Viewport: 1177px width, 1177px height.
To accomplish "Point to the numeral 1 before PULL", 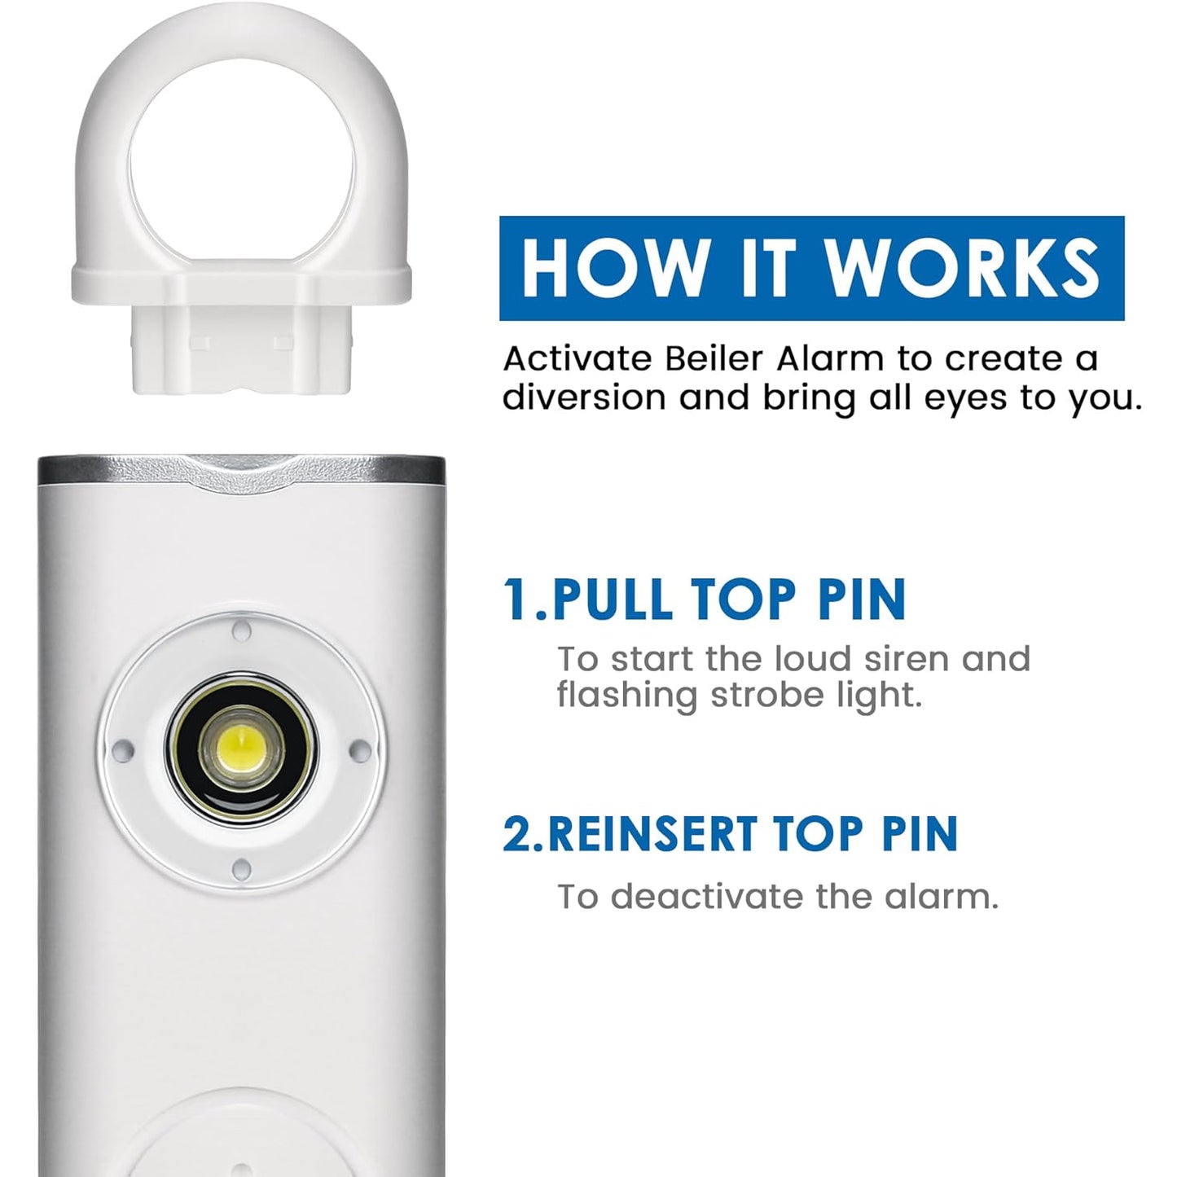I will click(518, 599).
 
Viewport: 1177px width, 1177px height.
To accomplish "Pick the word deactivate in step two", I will click(707, 897).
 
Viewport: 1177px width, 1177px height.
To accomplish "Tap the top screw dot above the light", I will click(242, 630).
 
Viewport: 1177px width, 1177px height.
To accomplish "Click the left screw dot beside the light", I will click(124, 749).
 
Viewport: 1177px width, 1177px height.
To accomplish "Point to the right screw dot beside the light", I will click(360, 749).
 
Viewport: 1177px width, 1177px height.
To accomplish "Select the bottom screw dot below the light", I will click(242, 869).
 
